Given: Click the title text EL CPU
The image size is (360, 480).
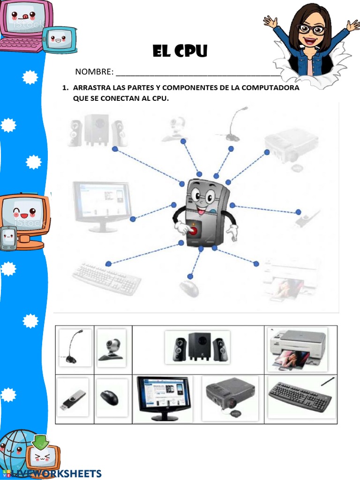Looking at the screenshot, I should click(x=180, y=51).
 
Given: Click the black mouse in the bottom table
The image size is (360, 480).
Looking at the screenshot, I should click(x=110, y=398).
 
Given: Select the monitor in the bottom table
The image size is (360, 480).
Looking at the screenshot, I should click(x=164, y=398).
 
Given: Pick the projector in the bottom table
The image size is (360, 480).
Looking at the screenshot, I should click(x=230, y=397).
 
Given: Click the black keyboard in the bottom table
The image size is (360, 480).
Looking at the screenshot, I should click(x=300, y=397).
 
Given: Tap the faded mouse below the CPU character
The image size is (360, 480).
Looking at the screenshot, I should click(x=188, y=288).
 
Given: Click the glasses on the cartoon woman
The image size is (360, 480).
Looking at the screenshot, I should click(x=311, y=29).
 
